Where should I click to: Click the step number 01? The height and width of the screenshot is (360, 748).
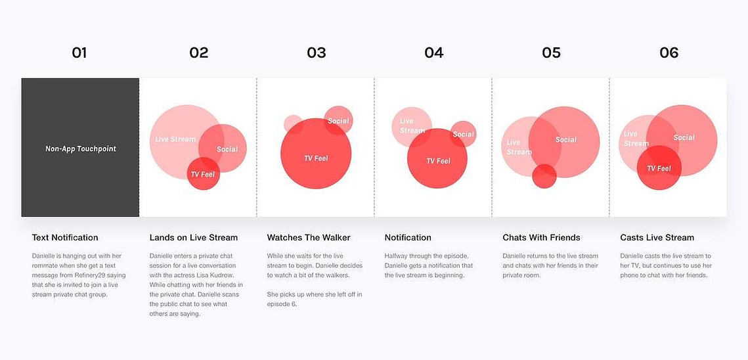(79, 53)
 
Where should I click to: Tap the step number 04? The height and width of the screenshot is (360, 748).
(433, 53)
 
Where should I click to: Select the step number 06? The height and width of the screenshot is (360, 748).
(669, 53)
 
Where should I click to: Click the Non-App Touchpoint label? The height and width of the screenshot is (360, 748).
(81, 149)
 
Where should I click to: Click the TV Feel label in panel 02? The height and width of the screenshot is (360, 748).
(203, 174)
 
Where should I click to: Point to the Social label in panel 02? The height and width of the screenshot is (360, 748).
(227, 149)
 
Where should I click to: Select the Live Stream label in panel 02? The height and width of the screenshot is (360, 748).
(175, 139)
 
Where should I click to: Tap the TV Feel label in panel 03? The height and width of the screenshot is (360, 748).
(316, 158)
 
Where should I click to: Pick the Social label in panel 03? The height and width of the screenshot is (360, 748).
(338, 121)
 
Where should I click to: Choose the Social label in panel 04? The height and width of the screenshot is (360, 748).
(463, 134)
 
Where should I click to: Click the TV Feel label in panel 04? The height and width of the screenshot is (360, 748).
(438, 161)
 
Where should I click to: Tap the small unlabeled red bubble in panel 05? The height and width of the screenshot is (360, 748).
(544, 176)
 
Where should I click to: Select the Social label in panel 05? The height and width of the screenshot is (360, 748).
(566, 140)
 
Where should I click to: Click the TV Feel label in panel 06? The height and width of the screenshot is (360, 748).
(659, 169)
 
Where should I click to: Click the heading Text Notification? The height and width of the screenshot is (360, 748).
(65, 237)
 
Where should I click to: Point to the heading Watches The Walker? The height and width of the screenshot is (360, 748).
(309, 237)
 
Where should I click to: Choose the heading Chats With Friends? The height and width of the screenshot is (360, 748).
(541, 237)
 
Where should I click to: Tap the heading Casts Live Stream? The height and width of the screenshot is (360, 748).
(657, 237)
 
